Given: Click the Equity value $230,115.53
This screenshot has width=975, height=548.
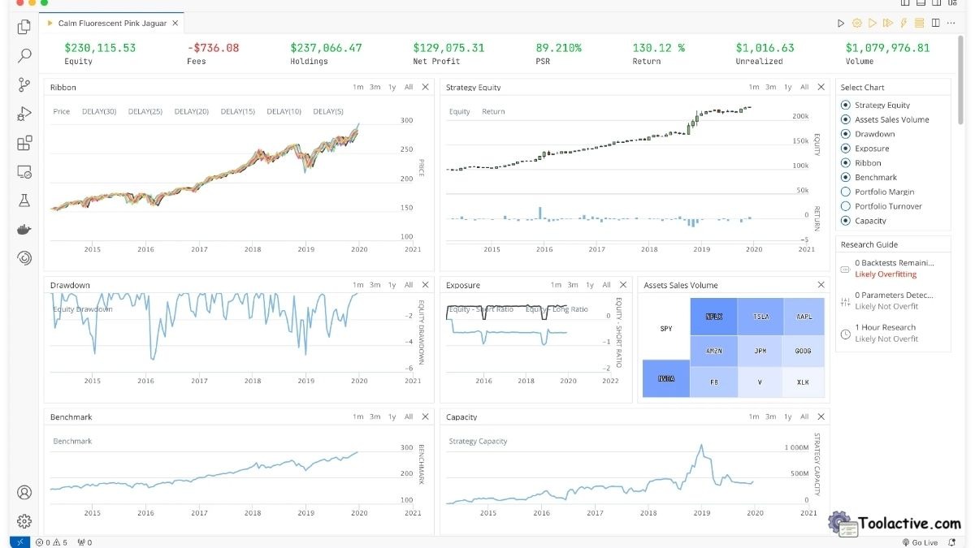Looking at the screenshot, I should coord(100,48).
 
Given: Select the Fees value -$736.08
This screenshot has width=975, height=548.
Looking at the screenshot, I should coord(213,48).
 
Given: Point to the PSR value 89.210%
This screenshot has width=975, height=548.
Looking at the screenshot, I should coord(558,48).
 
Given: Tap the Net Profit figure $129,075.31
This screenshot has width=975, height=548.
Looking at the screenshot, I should coord(448,48).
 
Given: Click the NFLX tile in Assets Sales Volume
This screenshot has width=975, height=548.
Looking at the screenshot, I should coord(713,317).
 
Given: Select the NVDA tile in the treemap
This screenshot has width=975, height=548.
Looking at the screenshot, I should coord(665,378).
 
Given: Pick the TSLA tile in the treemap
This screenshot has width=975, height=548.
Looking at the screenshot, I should coord(760,317).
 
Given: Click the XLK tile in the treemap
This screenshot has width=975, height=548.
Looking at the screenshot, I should coord(803,382).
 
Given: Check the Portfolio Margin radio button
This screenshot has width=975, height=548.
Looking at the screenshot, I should coord(846,192).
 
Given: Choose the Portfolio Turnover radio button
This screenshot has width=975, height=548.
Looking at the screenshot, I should coord(846,207).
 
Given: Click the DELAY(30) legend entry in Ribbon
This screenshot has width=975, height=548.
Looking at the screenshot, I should coord(99,111).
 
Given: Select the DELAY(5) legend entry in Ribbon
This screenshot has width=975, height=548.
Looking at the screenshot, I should coord(327,111).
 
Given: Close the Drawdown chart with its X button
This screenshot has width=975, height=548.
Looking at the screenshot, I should coord(425,285).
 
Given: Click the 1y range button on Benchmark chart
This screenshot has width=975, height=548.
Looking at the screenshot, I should coord(392,416).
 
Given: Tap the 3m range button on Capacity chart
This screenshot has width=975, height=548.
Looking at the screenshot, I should coord(770,416).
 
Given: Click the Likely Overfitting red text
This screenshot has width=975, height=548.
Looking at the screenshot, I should coord(886,274).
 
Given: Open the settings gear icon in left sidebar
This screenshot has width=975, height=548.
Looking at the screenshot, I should coord(24,520).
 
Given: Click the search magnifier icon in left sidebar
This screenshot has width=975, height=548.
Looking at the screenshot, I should coord(24,56).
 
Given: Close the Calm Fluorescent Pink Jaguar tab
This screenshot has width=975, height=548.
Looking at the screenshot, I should coord(175,24).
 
